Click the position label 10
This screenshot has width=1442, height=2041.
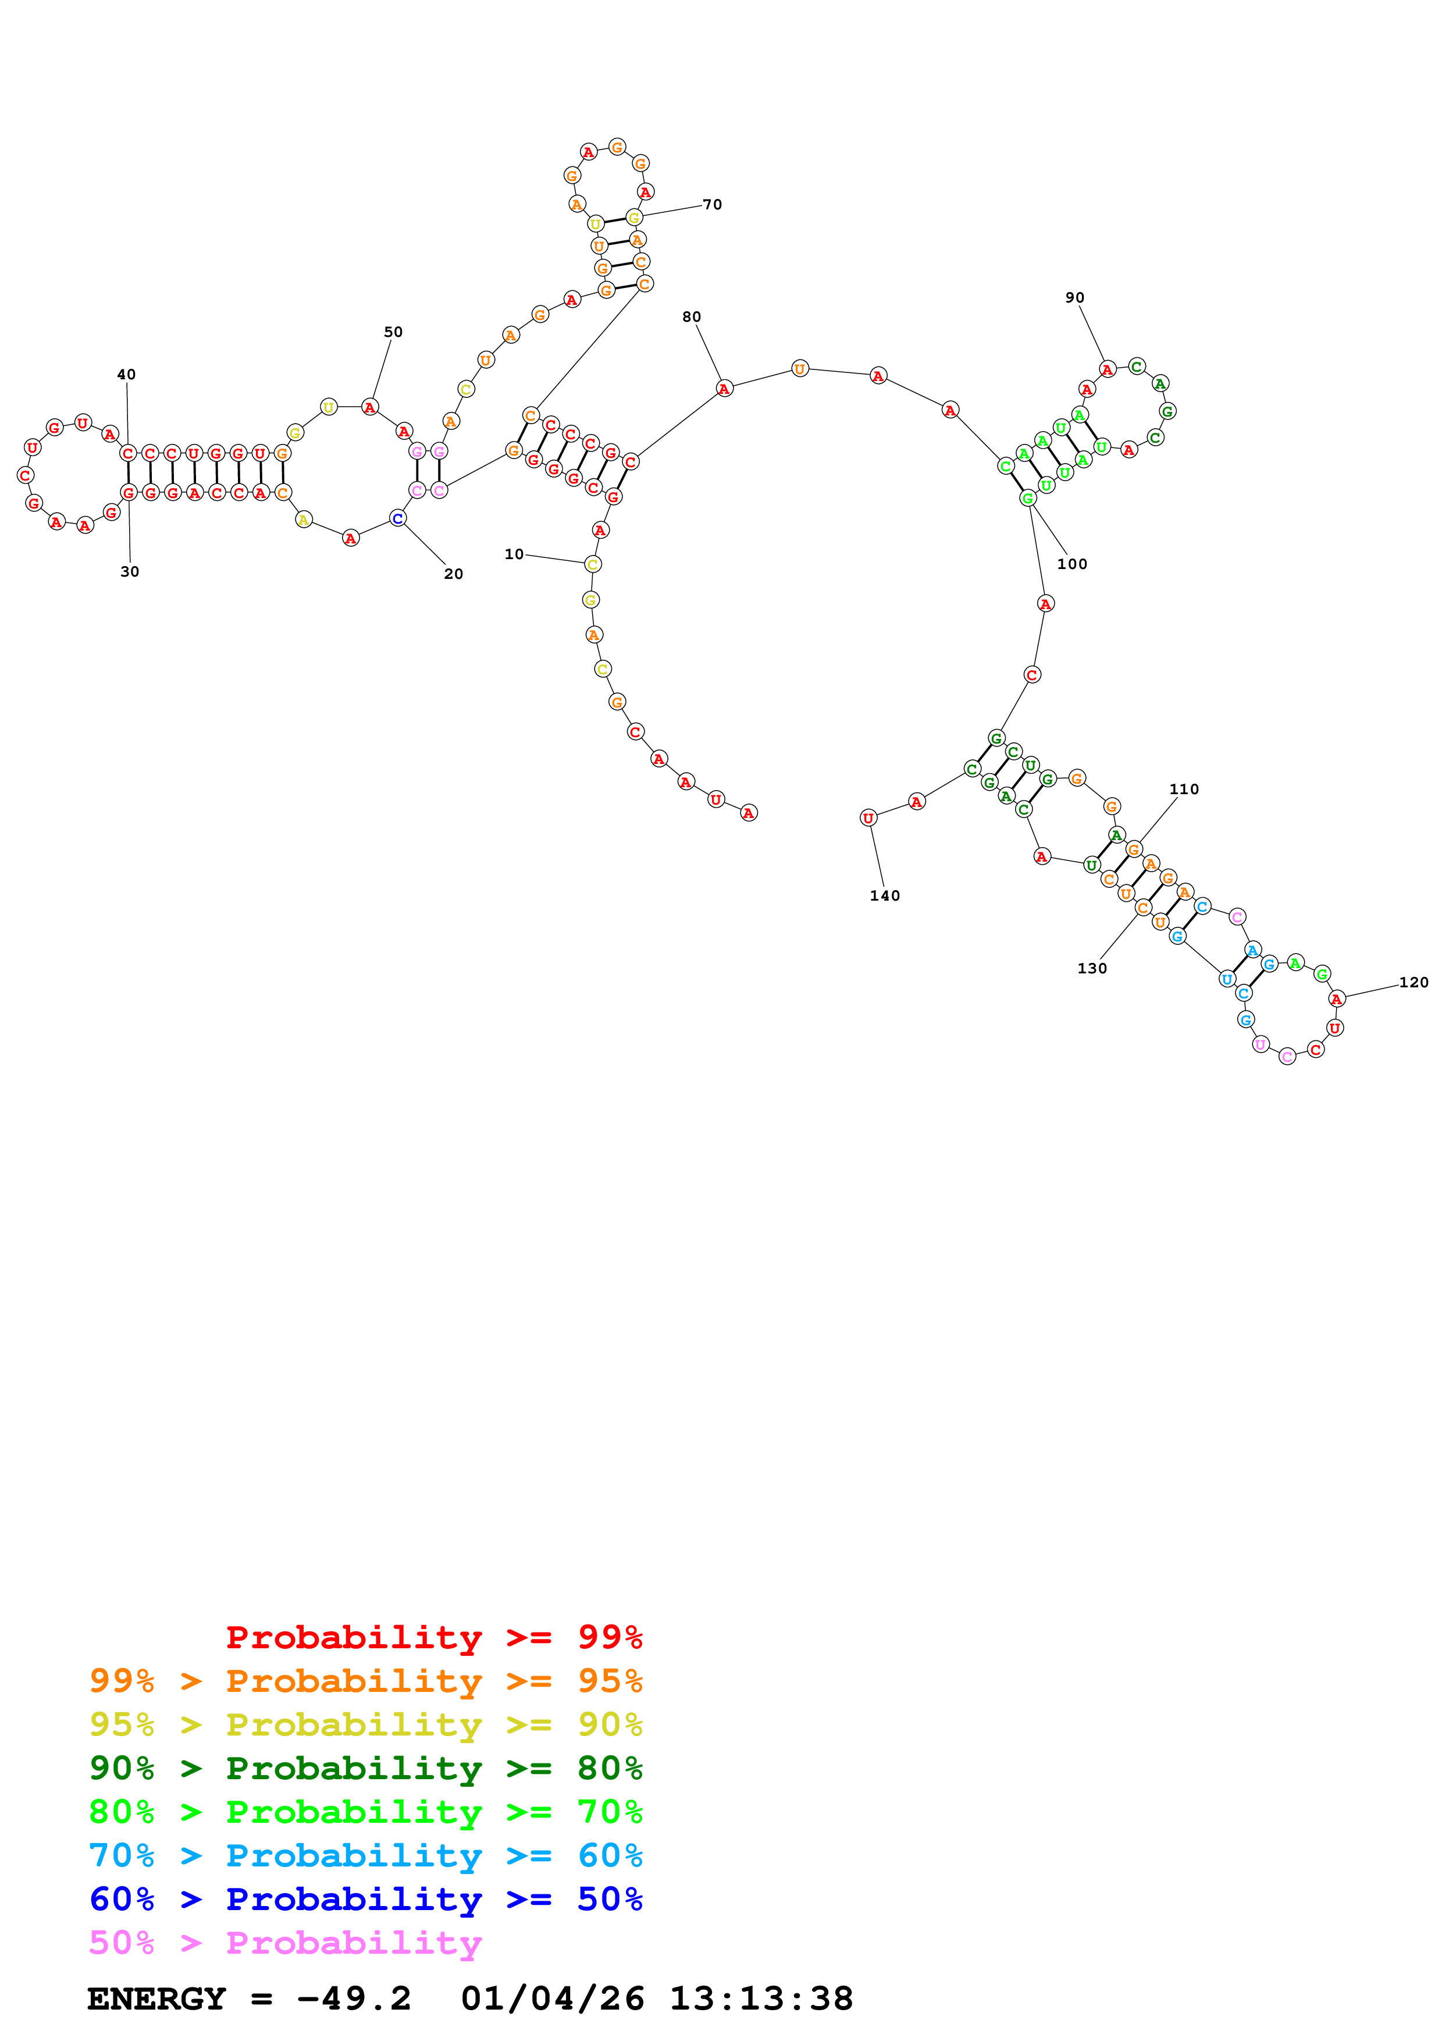514,554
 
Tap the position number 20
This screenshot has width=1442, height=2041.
453,574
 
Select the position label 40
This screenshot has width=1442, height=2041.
126,374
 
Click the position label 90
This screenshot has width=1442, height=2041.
1074,298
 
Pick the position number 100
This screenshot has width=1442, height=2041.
1071,564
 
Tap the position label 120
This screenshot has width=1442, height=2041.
1413,982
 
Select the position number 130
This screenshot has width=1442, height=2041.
1092,968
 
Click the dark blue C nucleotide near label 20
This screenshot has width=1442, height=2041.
397,518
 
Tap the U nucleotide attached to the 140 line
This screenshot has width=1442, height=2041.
868,818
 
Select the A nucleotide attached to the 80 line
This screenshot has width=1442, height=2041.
724,389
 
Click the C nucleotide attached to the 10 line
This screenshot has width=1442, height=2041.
593,564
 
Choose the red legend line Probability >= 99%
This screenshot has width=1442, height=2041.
433,1637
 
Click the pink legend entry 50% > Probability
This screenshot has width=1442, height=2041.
285,1942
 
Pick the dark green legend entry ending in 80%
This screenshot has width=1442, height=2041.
365,1768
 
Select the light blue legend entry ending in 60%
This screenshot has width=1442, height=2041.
365,1855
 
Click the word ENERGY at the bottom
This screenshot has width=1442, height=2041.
156,1999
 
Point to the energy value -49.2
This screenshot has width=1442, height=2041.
354,1999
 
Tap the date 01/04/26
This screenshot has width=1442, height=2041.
553,1999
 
